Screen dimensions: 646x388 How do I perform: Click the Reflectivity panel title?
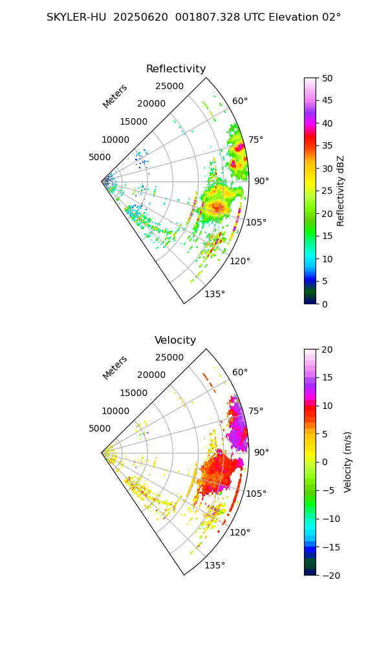click(176, 69)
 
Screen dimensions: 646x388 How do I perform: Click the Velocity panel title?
click(175, 340)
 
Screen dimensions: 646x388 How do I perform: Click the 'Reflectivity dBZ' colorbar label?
click(341, 191)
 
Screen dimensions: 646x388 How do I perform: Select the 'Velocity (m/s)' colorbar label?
click(348, 462)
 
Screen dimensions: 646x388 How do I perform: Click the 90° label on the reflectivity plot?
click(261, 182)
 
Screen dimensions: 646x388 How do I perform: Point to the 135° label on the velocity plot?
click(215, 566)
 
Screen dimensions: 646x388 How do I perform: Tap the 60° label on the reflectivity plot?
click(240, 101)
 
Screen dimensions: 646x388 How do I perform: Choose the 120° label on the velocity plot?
click(240, 533)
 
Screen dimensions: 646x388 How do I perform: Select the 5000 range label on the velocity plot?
click(100, 428)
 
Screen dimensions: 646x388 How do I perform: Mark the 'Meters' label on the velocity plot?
click(115, 368)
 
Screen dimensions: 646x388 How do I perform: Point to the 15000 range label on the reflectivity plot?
click(133, 121)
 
